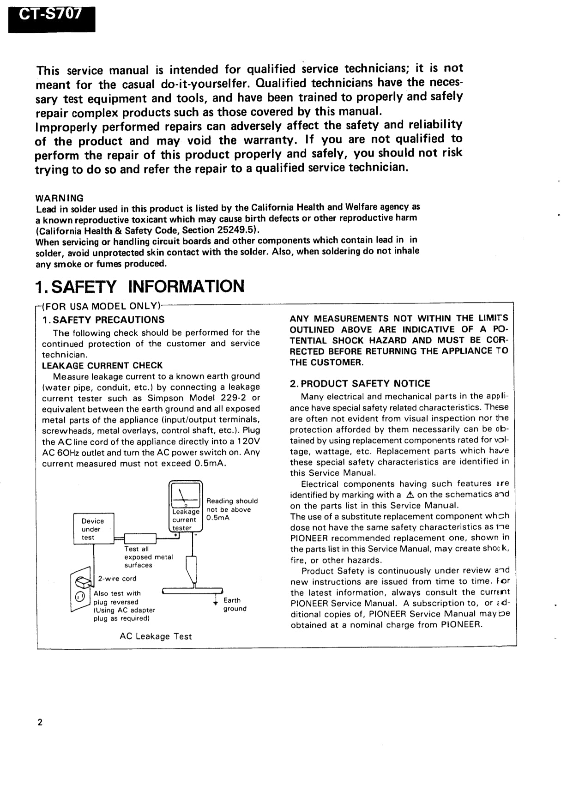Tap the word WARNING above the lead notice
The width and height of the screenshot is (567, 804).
pyautogui.click(x=60, y=198)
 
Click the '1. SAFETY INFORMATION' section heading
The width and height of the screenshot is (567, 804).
pyautogui.click(x=140, y=287)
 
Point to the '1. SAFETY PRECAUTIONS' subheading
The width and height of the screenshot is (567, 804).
pyautogui.click(x=103, y=320)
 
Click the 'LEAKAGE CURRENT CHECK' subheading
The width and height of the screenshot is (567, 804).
pyautogui.click(x=102, y=365)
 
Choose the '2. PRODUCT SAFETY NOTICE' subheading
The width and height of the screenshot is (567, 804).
pyautogui.click(x=360, y=383)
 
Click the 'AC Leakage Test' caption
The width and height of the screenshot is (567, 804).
pyautogui.click(x=156, y=636)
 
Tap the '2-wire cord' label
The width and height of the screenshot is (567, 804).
pyautogui.click(x=117, y=579)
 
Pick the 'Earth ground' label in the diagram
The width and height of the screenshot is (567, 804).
pyautogui.click(x=235, y=605)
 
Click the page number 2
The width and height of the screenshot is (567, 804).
pyautogui.click(x=40, y=723)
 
